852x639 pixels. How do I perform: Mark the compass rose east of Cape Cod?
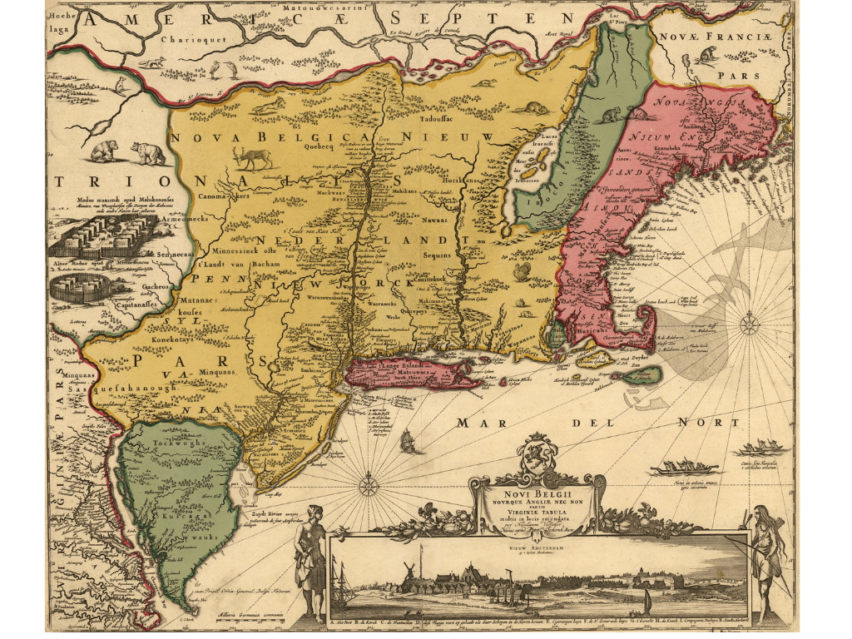point(750,323)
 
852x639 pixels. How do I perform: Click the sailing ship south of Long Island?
point(408,441)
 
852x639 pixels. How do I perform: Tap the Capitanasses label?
point(138,304)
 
